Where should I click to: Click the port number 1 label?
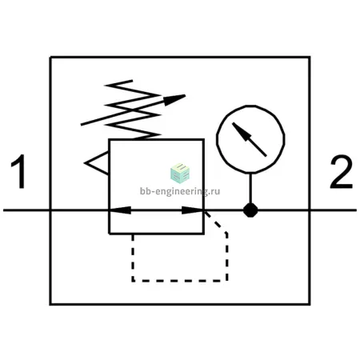point(19,171)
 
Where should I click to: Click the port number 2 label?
point(341,172)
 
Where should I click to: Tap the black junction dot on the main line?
point(250,210)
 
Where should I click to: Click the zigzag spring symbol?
point(134,110)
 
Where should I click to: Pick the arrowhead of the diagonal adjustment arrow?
point(174,99)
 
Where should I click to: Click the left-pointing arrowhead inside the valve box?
point(120,210)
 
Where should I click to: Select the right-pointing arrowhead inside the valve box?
point(193,210)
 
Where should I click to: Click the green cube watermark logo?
point(180,173)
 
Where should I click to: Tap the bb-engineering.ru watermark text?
point(180,191)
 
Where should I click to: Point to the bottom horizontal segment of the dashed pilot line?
point(180,281)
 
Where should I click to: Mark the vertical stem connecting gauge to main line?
point(250,188)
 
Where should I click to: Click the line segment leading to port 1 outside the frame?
point(26,210)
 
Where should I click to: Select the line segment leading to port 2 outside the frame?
point(334,210)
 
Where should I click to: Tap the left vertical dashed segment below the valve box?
point(133,258)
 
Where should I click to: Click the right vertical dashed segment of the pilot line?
point(226,258)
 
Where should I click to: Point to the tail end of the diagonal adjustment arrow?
point(82,124)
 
